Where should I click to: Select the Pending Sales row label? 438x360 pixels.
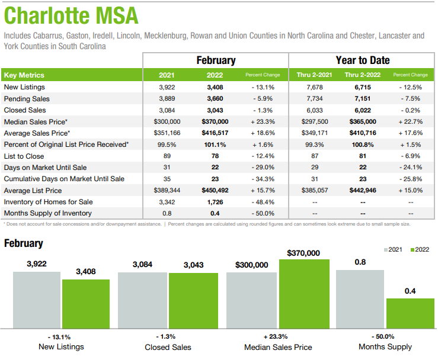pos(27,98)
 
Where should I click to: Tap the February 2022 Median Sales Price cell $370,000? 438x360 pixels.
pos(214,121)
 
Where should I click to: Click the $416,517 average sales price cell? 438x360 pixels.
pos(214,133)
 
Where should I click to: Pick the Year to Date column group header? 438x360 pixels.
pos(362,60)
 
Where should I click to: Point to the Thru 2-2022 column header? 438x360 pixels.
pos(362,75)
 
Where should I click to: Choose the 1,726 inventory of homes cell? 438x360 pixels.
pos(214,201)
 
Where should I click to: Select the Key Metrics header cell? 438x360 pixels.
pos(24,75)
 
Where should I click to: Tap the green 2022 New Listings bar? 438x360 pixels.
pos(86,303)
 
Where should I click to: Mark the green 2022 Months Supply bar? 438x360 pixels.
pos(410,313)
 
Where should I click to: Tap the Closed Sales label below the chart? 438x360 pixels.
pos(168,347)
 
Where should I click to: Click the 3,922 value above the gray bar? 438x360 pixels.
pos(37,264)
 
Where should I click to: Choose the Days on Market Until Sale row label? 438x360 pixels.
pos(45,167)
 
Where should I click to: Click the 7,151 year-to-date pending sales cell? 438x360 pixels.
pos(362,98)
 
